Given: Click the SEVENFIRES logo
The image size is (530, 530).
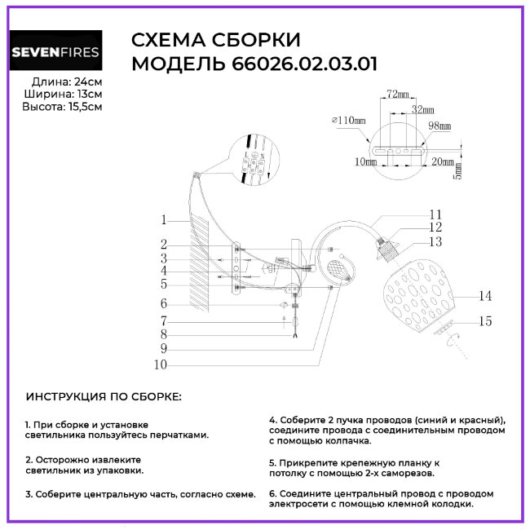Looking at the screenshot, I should pyautogui.click(x=55, y=53).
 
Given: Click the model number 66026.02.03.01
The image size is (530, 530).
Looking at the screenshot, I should pyautogui.click(x=300, y=64).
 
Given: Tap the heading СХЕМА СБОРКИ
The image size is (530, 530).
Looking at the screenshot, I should pyautogui.click(x=215, y=41).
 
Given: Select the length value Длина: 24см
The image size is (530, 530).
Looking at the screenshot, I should pyautogui.click(x=66, y=82).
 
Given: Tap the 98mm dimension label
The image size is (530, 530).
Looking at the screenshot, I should pyautogui.click(x=439, y=126).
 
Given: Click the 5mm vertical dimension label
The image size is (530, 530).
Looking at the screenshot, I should pyautogui.click(x=457, y=173).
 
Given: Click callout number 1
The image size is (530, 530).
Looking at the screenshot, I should pyautogui.click(x=164, y=219).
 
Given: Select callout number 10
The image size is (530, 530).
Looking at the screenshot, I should pyautogui.click(x=160, y=364).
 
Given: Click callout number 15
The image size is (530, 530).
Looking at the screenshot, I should pyautogui.click(x=486, y=321).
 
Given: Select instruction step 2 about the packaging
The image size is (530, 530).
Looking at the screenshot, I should pyautogui.click(x=83, y=465).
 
